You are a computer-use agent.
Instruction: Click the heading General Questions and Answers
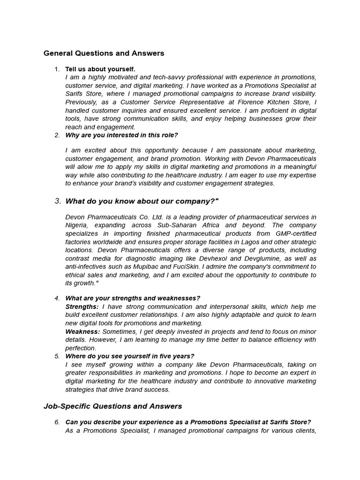104,53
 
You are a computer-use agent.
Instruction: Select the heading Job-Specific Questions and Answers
112,406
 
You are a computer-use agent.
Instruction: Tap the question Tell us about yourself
100,69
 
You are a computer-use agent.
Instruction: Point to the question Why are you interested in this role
121,135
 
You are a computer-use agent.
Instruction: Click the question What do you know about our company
142,201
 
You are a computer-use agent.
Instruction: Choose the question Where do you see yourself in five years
129,356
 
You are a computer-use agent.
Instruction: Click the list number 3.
58,201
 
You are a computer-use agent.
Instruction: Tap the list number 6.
57,422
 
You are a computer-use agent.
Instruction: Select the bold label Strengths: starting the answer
82,307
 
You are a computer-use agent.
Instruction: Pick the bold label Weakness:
82,331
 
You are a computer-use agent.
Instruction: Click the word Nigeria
77,225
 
